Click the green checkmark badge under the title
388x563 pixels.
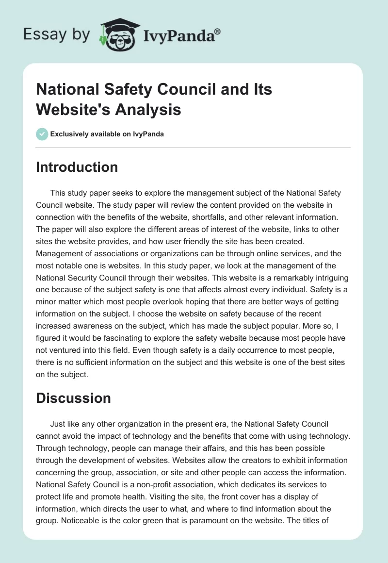click(42, 134)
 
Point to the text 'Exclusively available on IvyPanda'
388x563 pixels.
click(107, 134)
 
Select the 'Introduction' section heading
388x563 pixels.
click(77, 167)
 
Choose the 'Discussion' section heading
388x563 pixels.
click(73, 398)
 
